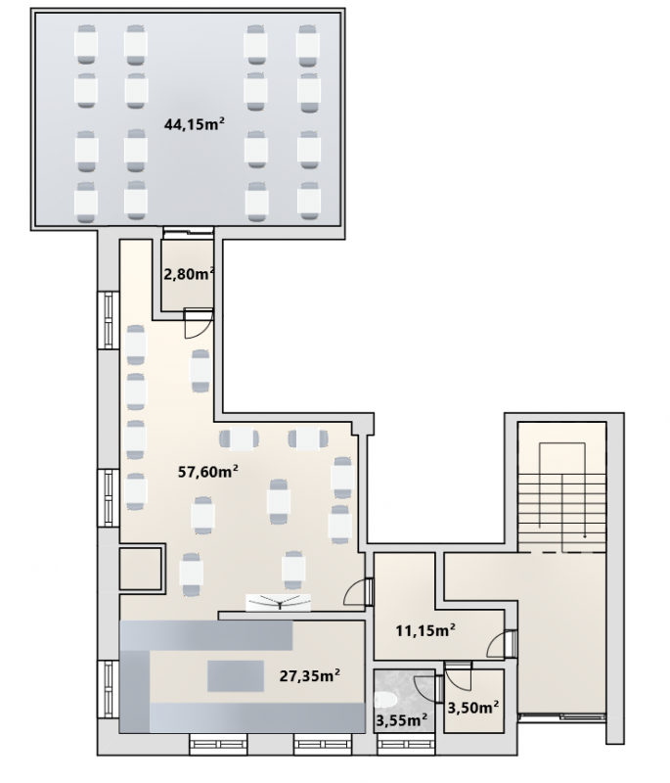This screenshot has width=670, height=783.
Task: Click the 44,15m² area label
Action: (x=194, y=124)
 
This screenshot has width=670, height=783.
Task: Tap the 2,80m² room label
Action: (x=189, y=274)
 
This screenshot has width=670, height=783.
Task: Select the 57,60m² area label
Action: (x=207, y=471)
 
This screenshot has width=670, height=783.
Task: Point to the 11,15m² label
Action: (x=425, y=630)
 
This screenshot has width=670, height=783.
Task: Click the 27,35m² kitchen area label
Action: (x=310, y=675)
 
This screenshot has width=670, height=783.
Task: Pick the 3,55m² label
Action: (x=402, y=719)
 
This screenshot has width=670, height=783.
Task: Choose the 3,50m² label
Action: (x=473, y=708)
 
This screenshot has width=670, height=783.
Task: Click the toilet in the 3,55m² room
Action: (x=385, y=700)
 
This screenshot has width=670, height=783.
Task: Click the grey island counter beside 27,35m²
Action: (x=236, y=675)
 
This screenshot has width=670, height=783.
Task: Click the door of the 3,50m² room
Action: (x=458, y=677)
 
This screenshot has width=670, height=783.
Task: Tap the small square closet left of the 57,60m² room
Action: (x=141, y=570)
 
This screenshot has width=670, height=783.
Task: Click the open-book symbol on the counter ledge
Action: (x=279, y=602)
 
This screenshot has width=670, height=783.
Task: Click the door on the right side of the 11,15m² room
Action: (x=502, y=644)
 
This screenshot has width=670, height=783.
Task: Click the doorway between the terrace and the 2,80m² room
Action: (x=188, y=231)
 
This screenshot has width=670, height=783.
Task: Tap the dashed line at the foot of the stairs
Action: (x=562, y=552)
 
